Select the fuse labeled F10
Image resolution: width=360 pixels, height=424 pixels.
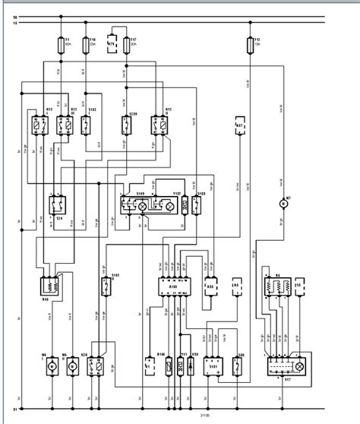pos(85,45)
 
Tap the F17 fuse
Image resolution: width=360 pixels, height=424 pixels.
pos(125,45)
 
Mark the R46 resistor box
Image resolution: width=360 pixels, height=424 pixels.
pos(50,286)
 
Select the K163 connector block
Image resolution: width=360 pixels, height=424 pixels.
pos(173,286)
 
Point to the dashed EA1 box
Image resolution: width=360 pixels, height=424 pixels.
pos(235,288)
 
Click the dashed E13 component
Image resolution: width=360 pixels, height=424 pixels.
pos(298,288)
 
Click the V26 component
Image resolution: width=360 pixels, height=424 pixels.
pos(194,365)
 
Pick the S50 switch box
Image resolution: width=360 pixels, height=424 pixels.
pos(241,366)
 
